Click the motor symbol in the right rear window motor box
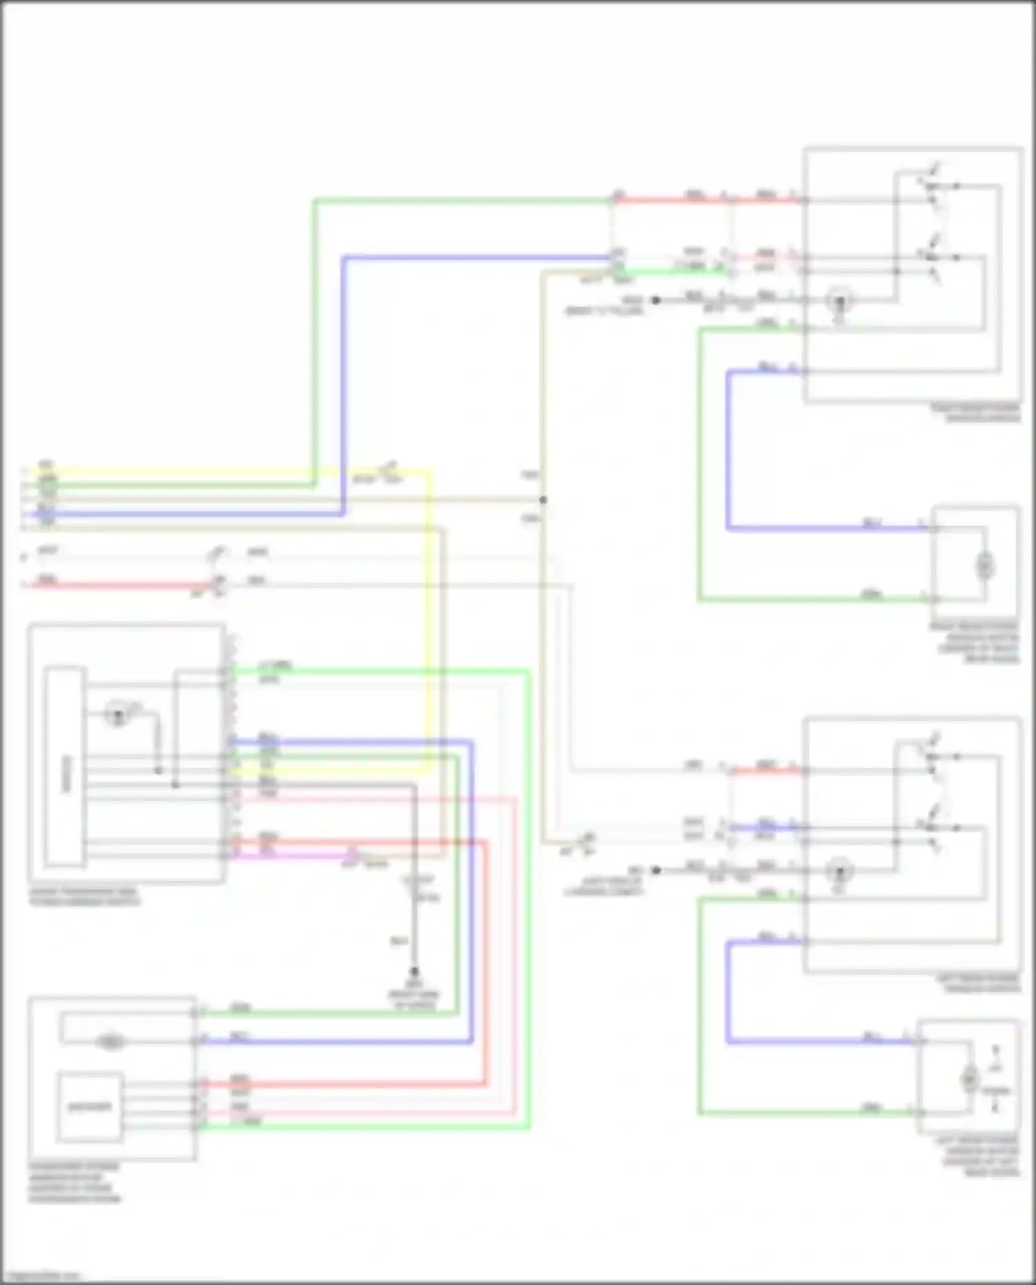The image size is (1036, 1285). click(984, 566)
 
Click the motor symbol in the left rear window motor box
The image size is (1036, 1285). click(970, 1079)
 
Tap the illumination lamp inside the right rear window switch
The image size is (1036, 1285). click(840, 301)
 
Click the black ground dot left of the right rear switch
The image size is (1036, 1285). click(656, 300)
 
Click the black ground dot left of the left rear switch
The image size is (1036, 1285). click(656, 870)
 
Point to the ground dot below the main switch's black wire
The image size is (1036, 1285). click(414, 971)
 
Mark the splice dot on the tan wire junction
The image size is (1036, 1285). click(543, 499)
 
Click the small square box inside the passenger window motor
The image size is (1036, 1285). click(90, 1106)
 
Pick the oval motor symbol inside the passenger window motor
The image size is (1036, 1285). click(111, 1042)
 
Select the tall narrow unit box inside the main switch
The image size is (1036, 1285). click(66, 766)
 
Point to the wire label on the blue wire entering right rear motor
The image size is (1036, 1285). click(872, 524)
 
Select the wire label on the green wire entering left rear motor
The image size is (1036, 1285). click(872, 1109)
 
